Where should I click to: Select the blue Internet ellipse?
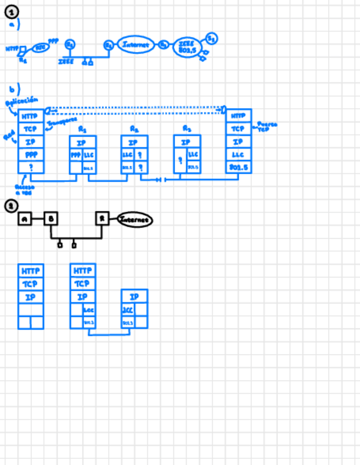tap(136, 45)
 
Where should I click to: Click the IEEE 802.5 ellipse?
tap(187, 48)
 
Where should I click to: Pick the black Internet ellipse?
tap(135, 219)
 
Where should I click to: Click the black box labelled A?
tap(25, 219)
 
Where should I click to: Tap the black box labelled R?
tap(102, 218)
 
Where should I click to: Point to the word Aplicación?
tap(21, 101)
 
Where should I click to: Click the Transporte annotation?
tap(62, 121)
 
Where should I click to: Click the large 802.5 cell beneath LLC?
tap(239, 166)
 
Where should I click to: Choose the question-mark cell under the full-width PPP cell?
tap(31, 167)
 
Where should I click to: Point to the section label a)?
tap(15, 25)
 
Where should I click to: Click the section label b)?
tap(15, 89)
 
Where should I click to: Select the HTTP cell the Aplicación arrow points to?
tap(31, 117)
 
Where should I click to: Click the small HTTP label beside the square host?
tap(12, 49)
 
